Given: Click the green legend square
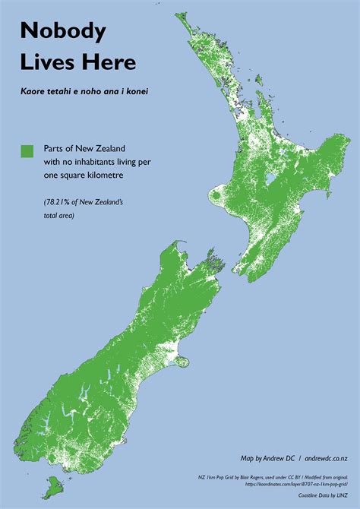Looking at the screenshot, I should click(28, 151).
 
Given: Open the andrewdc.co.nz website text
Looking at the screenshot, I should click(327, 459).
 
